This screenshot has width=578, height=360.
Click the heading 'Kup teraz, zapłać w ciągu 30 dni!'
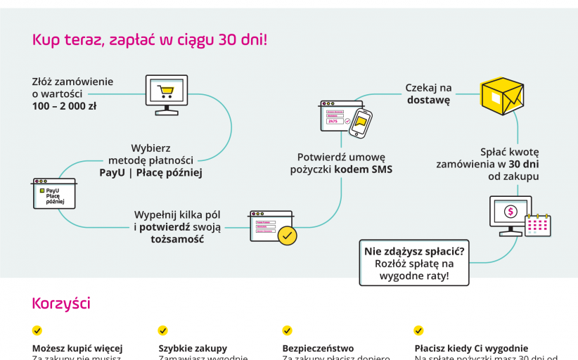[150, 40]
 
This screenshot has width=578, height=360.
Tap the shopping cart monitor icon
[166, 94]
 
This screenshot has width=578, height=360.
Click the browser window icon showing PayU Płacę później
[53, 193]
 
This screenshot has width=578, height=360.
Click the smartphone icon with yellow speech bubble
[360, 122]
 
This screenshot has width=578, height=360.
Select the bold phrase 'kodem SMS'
[364, 169]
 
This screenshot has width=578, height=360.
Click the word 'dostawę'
[428, 101]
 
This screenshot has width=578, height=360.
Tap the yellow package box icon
[502, 96]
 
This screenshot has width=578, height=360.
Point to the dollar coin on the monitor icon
[511, 211]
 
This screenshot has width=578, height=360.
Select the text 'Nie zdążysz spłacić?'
[414, 250]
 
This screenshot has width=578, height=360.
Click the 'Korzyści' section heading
[61, 304]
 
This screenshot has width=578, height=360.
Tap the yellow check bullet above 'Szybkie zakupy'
[163, 330]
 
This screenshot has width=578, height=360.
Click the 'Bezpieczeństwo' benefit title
[318, 348]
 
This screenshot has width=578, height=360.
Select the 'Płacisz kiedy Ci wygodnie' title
[471, 348]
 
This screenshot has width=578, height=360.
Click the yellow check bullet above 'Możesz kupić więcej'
[37, 330]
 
